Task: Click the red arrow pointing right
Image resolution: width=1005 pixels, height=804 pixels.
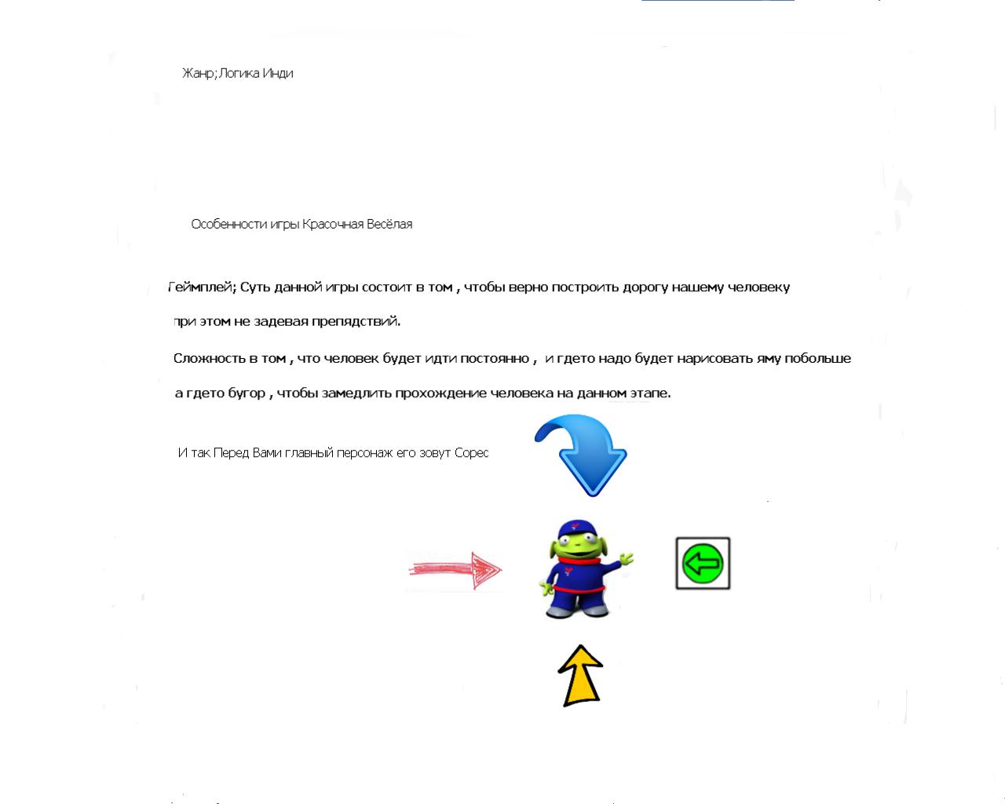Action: coord(455,570)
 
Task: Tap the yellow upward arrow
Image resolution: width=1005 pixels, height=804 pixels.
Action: coord(581,676)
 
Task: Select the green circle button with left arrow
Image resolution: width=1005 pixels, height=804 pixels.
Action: coord(703,563)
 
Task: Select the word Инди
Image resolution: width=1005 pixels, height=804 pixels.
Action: coord(278,73)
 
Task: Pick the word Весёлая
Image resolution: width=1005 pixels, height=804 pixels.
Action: coord(389,225)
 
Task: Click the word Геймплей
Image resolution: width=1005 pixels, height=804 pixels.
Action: coord(202,287)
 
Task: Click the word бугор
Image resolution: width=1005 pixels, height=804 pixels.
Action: coord(247,393)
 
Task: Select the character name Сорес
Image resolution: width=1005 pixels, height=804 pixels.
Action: coord(471,453)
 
